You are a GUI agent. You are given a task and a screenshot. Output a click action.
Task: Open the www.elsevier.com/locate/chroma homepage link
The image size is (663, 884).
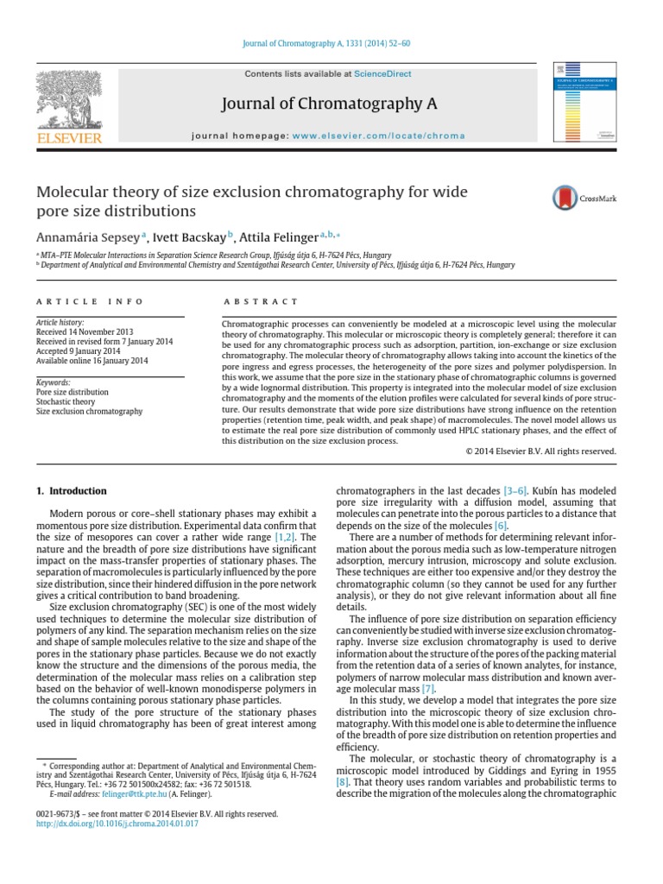[x=378, y=136]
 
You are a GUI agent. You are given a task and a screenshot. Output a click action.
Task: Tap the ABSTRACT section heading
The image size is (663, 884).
[x=249, y=301]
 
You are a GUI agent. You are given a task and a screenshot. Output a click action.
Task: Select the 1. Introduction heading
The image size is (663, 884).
[x=72, y=490]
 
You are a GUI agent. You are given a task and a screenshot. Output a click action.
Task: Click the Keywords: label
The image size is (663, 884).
[x=53, y=382]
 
